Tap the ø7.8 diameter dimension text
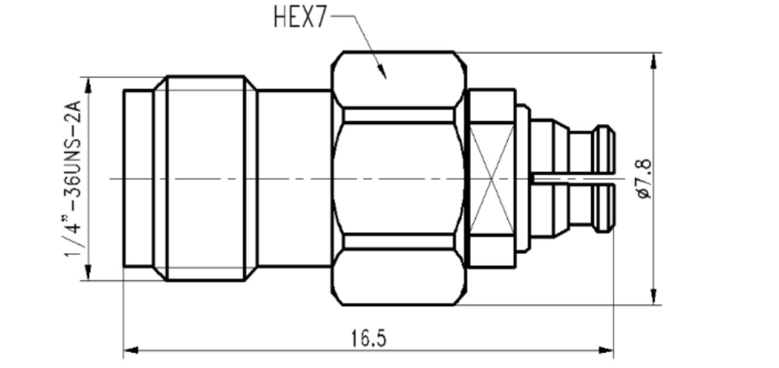coord(643,179)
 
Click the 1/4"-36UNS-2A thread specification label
coord(74,179)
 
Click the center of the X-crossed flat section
coord(492,179)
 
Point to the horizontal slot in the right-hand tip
coord(573,180)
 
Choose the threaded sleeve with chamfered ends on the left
coord(206,179)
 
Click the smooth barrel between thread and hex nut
coord(294,179)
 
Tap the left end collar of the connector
coord(138,179)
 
